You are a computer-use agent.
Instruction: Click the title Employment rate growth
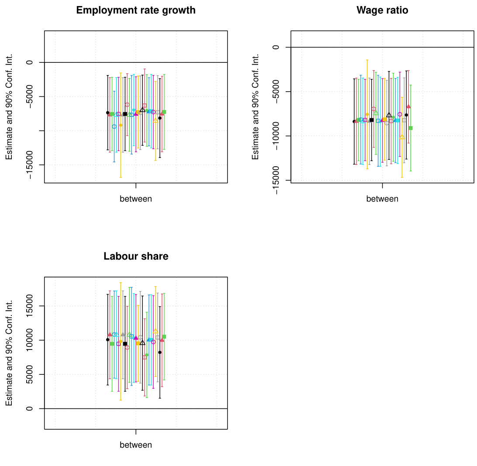tap(136, 10)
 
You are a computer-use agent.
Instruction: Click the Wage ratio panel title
tap(382, 10)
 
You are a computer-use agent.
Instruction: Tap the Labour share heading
tap(136, 257)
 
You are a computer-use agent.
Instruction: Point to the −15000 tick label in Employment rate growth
tap(29, 165)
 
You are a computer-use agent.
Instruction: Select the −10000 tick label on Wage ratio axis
tap(276, 136)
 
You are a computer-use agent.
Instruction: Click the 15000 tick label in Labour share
tap(29, 306)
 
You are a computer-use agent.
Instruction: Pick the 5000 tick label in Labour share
tap(29, 374)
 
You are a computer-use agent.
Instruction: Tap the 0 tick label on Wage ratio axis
tap(276, 47)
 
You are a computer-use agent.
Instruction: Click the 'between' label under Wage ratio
tap(382, 199)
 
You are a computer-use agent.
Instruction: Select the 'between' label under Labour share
tap(136, 445)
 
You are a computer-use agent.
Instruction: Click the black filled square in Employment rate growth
tap(125, 114)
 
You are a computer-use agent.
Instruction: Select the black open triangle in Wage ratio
tap(389, 115)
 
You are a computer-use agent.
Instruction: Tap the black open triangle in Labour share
tap(142, 343)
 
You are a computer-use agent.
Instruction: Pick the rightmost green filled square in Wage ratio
tap(411, 128)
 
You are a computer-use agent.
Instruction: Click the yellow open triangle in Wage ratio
tap(402, 137)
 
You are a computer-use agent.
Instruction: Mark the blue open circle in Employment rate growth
tap(114, 127)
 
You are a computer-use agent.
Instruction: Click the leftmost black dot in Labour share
tap(108, 339)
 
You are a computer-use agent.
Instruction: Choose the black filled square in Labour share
tap(125, 344)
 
